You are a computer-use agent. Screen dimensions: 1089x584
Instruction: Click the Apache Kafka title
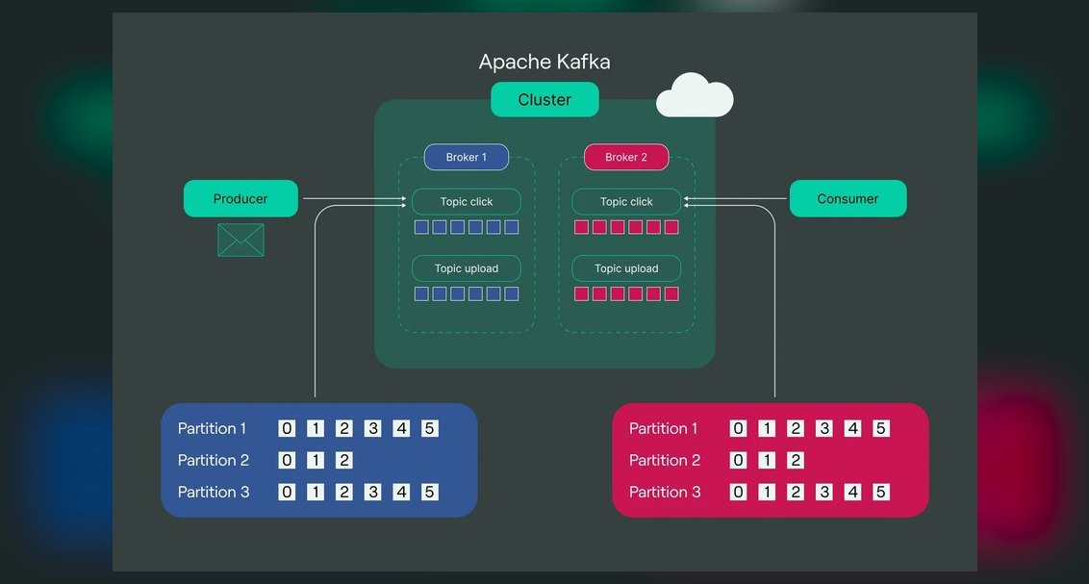(544, 62)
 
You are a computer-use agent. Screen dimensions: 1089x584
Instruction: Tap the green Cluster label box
(544, 99)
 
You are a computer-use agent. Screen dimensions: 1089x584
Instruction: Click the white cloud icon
(695, 95)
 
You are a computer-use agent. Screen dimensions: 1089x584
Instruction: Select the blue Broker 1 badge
(466, 157)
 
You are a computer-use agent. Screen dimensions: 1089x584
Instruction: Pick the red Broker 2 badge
(626, 157)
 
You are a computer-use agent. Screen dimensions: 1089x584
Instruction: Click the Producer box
(241, 198)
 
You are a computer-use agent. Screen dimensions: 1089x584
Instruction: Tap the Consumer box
(848, 198)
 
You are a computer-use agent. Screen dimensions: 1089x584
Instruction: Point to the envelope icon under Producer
(241, 241)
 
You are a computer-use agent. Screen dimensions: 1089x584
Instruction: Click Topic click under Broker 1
(467, 201)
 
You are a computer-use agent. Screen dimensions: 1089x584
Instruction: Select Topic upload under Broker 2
(626, 268)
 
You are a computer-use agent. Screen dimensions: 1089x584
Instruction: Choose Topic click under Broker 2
(626, 201)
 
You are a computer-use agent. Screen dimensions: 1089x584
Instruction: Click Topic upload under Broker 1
(467, 268)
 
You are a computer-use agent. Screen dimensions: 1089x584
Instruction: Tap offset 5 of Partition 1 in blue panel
(430, 428)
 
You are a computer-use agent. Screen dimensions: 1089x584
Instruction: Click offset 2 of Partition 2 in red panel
(796, 460)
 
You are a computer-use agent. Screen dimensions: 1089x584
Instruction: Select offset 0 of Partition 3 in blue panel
(287, 492)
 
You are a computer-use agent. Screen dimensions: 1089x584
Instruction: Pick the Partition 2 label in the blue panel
(214, 460)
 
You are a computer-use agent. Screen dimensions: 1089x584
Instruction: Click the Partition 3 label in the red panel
(665, 492)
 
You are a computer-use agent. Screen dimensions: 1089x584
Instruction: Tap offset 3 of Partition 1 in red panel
(824, 428)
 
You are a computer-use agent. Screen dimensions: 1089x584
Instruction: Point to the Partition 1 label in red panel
(663, 428)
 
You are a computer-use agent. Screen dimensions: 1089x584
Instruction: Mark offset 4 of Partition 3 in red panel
(853, 492)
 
